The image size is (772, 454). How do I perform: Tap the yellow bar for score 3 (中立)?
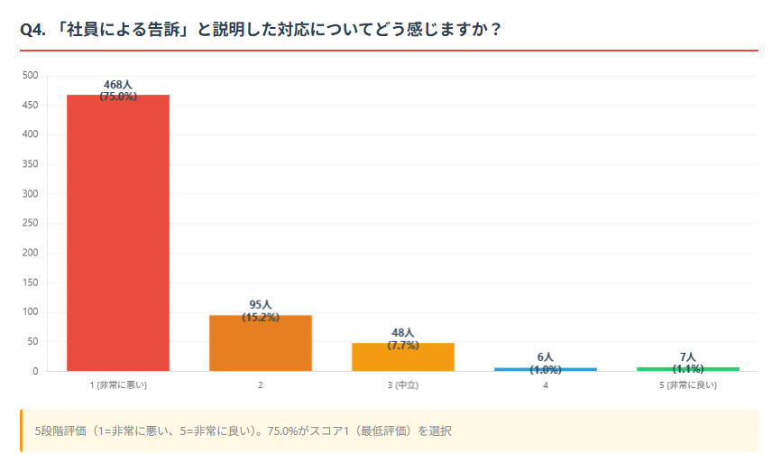pyautogui.click(x=403, y=357)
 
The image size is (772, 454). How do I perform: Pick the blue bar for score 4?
pyautogui.click(x=545, y=369)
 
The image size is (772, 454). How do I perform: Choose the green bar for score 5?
pyautogui.click(x=688, y=368)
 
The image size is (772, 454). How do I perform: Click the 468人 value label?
pyautogui.click(x=118, y=85)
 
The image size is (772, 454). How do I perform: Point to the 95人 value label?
pyautogui.click(x=261, y=305)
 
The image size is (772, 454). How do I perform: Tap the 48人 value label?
pyautogui.click(x=403, y=333)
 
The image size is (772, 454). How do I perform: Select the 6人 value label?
pyautogui.click(x=545, y=357)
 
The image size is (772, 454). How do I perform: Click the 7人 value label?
pyautogui.click(x=688, y=357)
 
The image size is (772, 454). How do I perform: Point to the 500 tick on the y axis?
pyautogui.click(x=31, y=76)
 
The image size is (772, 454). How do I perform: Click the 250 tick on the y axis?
pyautogui.click(x=31, y=223)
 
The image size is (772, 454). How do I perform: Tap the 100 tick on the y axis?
pyautogui.click(x=31, y=312)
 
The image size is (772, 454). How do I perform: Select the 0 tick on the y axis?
pyautogui.click(x=36, y=371)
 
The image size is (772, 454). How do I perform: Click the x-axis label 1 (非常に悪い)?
pyautogui.click(x=118, y=385)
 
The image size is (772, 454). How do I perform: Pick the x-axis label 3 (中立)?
pyautogui.click(x=403, y=385)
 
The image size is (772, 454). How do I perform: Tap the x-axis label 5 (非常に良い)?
pyautogui.click(x=688, y=385)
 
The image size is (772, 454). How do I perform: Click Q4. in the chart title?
pyautogui.click(x=33, y=29)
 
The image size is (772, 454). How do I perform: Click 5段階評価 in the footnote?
pyautogui.click(x=58, y=431)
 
